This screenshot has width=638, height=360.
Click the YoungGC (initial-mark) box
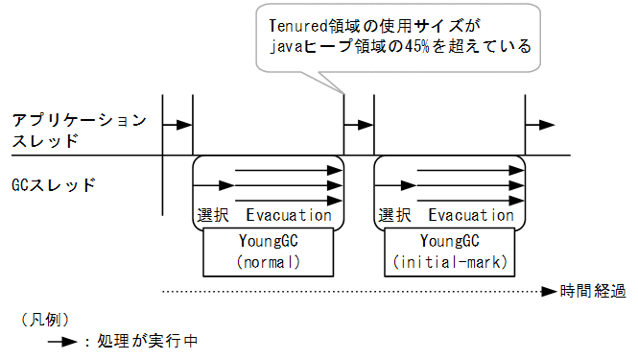[451, 251]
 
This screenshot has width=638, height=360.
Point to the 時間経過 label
[593, 291]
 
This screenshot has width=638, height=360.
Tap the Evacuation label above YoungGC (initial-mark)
[471, 215]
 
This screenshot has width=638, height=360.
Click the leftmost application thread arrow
[177, 125]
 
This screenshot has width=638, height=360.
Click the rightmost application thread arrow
[540, 125]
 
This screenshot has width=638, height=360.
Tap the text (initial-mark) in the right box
[451, 261]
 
